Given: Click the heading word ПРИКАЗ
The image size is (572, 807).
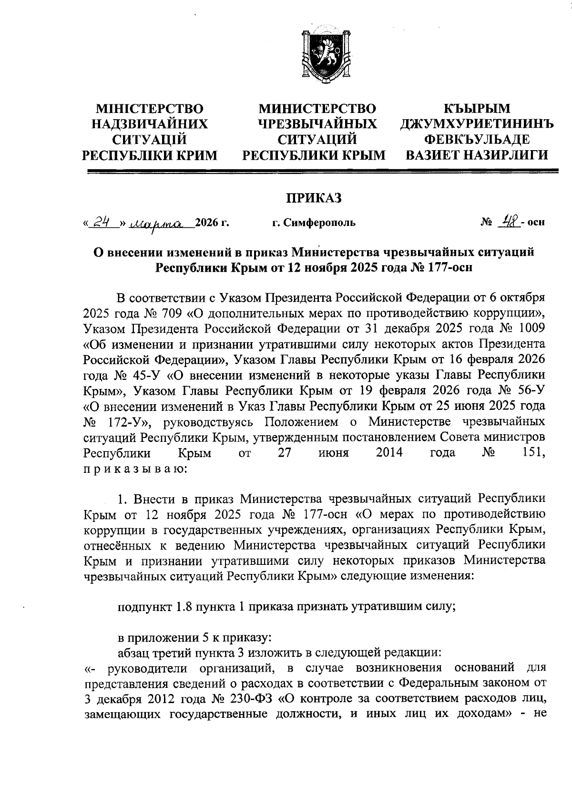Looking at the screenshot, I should (x=314, y=198).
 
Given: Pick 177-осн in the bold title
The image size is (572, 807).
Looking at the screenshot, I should (x=448, y=267).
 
